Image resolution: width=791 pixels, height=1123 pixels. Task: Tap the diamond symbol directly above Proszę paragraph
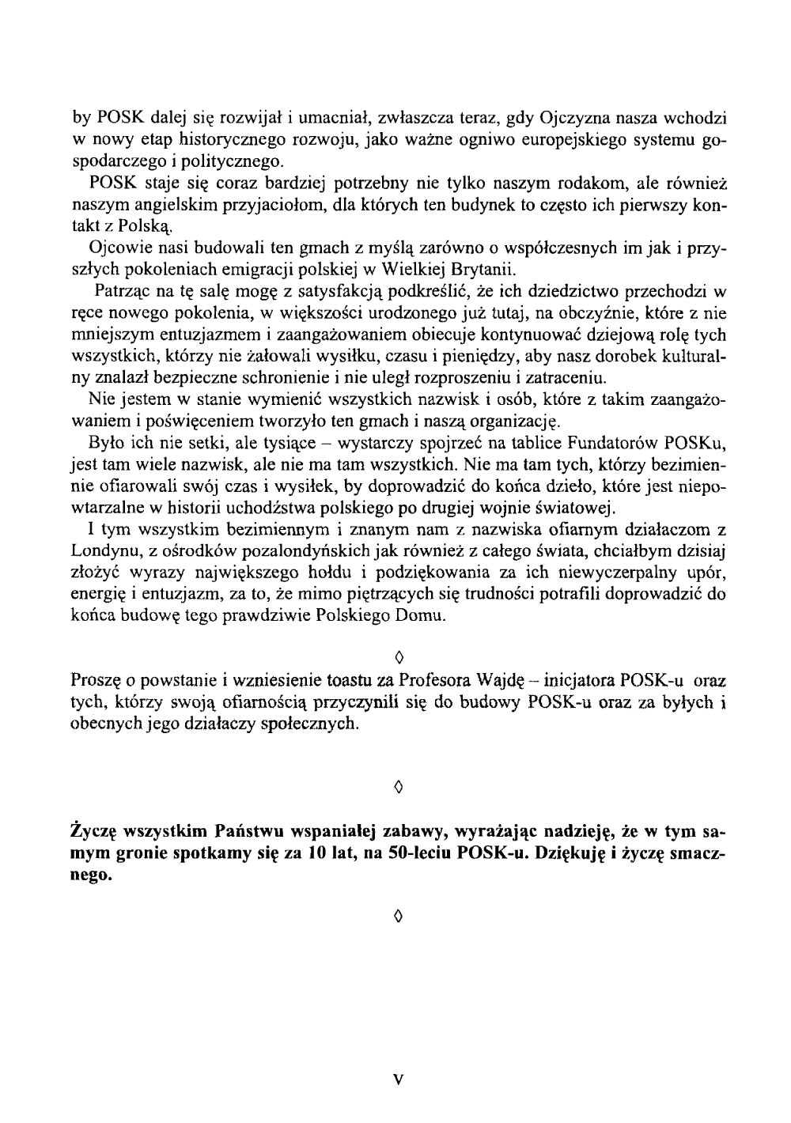[x=399, y=657]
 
